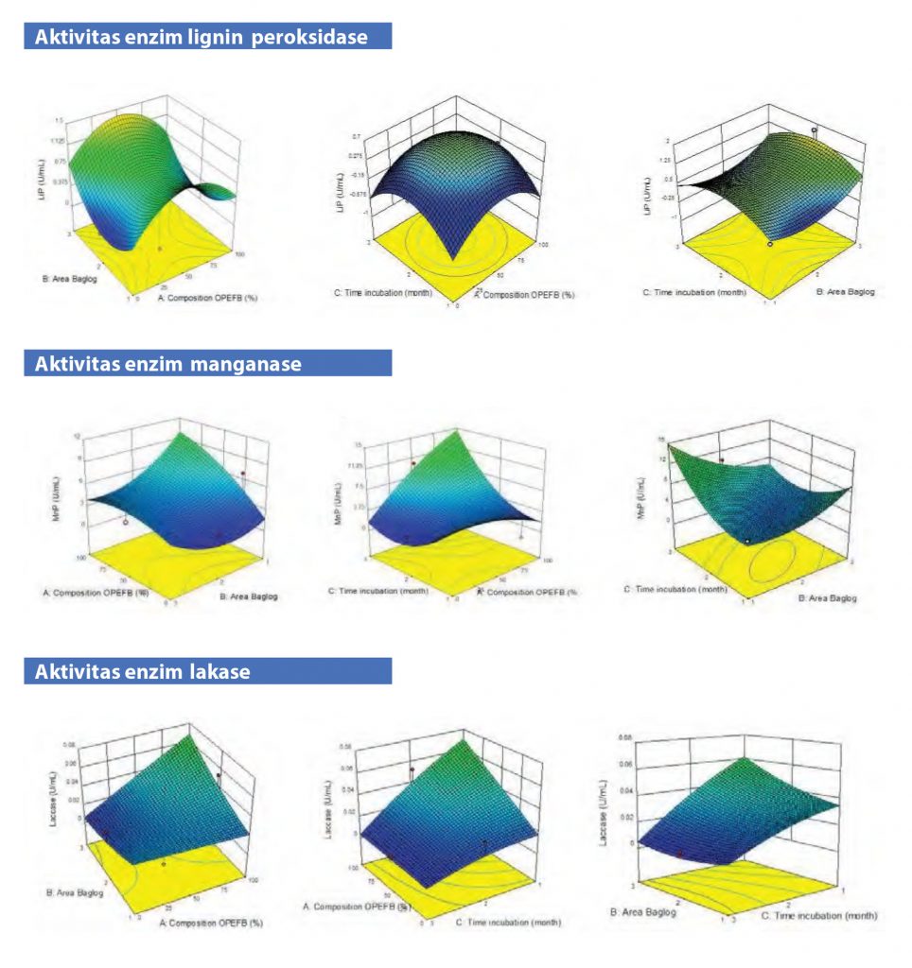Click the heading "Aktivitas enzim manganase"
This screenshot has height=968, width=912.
(167, 364)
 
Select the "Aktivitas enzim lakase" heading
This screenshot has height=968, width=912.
(142, 672)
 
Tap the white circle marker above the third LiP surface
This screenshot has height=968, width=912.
(814, 130)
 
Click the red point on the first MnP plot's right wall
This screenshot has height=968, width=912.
(243, 473)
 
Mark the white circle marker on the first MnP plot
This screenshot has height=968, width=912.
(126, 521)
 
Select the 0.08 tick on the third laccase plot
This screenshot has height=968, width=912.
(624, 735)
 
